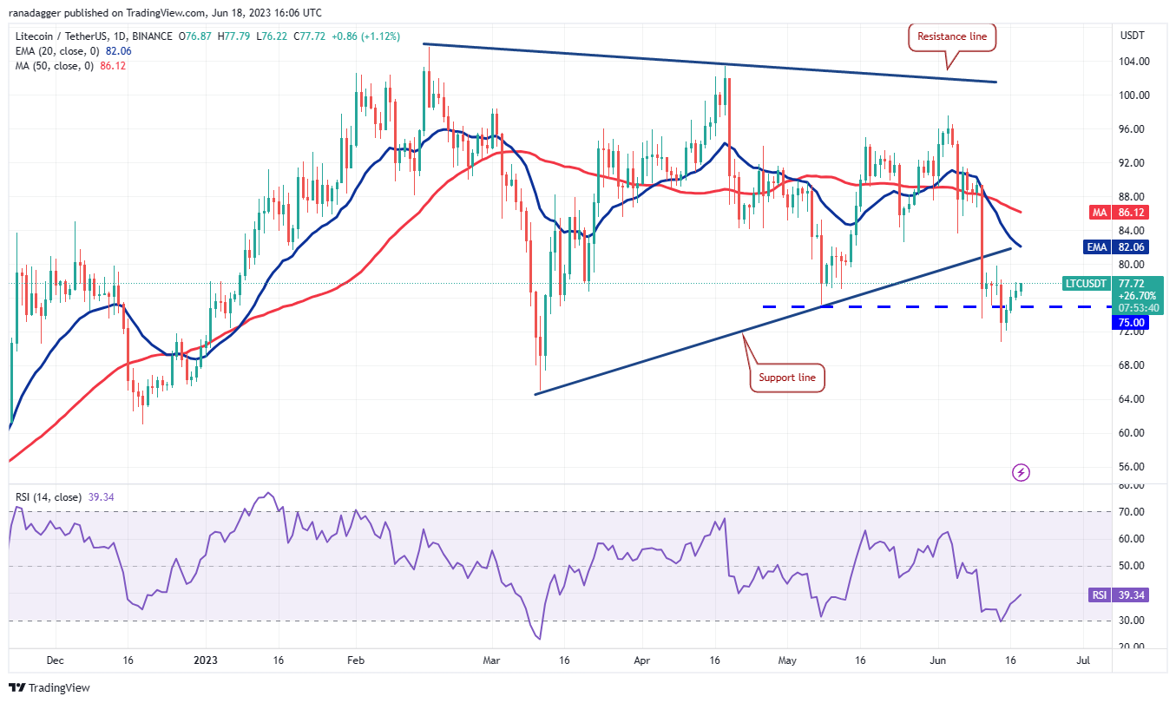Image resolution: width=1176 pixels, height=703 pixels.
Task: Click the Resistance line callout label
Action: click(953, 37)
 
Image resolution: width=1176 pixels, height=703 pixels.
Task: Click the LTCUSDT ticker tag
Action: click(1086, 284)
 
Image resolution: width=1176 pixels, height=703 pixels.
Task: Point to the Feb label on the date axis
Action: click(355, 660)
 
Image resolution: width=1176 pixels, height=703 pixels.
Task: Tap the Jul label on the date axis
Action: click(1082, 660)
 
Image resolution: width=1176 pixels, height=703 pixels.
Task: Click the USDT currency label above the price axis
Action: click(1133, 36)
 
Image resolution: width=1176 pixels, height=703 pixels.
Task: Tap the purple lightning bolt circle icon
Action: click(1022, 472)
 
